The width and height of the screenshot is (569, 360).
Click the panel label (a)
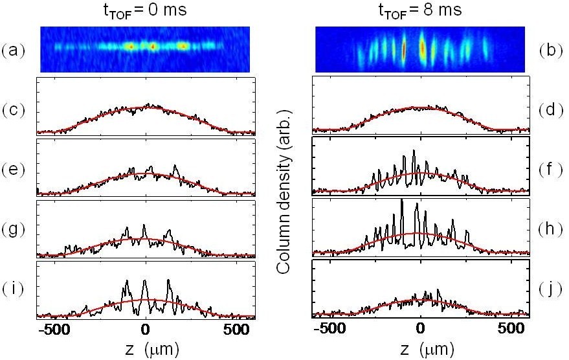(15, 49)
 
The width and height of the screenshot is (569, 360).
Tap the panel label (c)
(15, 109)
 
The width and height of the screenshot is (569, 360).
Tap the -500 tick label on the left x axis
(55, 330)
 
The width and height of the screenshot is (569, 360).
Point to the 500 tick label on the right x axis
(512, 330)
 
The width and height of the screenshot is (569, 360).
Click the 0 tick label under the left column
(147, 330)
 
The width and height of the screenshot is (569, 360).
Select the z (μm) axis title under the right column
(421, 350)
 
